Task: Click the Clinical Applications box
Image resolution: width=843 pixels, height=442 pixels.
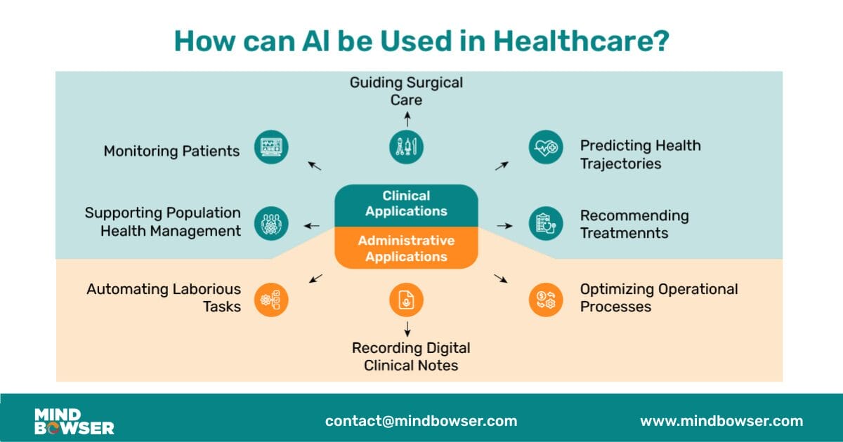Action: click(406, 204)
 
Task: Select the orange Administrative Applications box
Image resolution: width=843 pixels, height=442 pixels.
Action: click(406, 248)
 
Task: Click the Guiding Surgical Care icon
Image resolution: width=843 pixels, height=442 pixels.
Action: click(407, 147)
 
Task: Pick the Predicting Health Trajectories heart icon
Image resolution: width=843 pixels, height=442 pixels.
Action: click(546, 147)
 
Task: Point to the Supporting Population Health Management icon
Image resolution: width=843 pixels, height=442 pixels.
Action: click(271, 224)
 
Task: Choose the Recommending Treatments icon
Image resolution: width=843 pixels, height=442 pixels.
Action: click(546, 224)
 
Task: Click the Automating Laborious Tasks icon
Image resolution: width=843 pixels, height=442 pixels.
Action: click(271, 300)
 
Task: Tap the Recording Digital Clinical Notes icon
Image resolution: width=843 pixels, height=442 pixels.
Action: click(407, 300)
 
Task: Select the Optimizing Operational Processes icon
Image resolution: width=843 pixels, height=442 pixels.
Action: click(546, 300)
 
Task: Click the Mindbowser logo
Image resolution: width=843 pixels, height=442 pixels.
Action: click(74, 421)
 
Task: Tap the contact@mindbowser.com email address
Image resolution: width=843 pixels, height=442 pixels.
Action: click(421, 421)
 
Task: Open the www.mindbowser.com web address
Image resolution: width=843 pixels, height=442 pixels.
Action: click(721, 421)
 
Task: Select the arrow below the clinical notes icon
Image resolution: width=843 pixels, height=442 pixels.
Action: click(407, 328)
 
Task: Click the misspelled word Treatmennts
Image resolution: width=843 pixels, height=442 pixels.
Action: click(624, 233)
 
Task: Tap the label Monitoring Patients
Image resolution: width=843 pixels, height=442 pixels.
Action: click(171, 151)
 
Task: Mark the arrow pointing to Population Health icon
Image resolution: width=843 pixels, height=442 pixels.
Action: click(311, 226)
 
